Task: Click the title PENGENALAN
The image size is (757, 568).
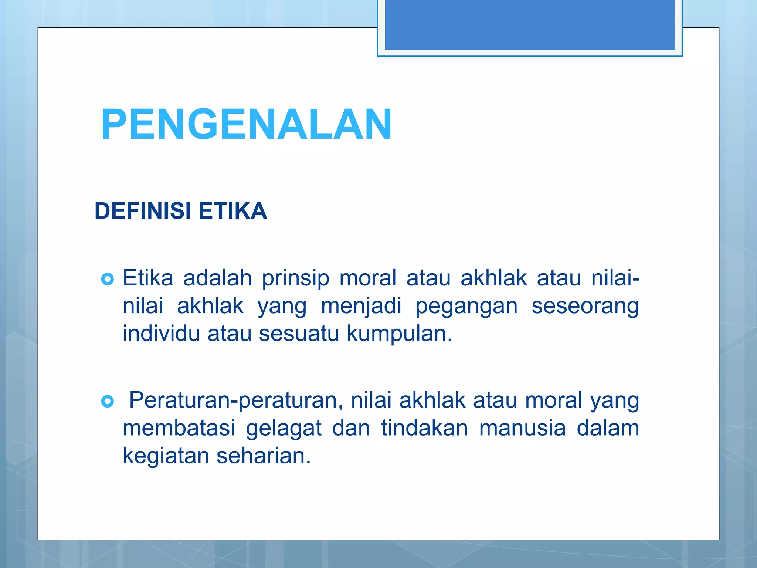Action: click(x=246, y=124)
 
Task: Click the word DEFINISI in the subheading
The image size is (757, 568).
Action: click(x=143, y=211)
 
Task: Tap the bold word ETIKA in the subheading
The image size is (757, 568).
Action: click(x=232, y=211)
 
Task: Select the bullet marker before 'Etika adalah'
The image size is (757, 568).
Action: click(x=107, y=279)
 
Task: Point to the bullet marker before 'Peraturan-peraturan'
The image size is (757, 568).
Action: click(x=107, y=401)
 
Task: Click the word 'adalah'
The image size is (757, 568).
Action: click(x=217, y=278)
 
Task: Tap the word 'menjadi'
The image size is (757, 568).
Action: click(x=361, y=306)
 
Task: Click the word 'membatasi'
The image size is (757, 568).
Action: click(x=179, y=428)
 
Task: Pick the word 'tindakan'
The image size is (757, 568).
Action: click(x=424, y=428)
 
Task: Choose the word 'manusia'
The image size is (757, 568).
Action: click(x=522, y=428)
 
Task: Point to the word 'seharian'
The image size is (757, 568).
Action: click(x=263, y=456)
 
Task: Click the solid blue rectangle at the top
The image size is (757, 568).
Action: click(x=530, y=24)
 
